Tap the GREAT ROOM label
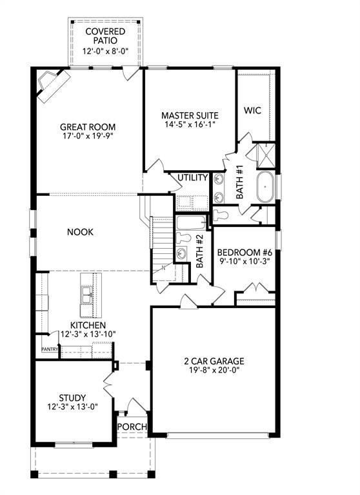88,127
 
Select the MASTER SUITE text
189,115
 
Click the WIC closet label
252,110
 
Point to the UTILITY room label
193,178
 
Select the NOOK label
81,232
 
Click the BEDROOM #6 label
245,253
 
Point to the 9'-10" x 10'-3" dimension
245,262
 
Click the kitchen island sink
86,294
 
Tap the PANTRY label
50,349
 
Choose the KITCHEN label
88,325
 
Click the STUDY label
72,398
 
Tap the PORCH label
132,427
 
